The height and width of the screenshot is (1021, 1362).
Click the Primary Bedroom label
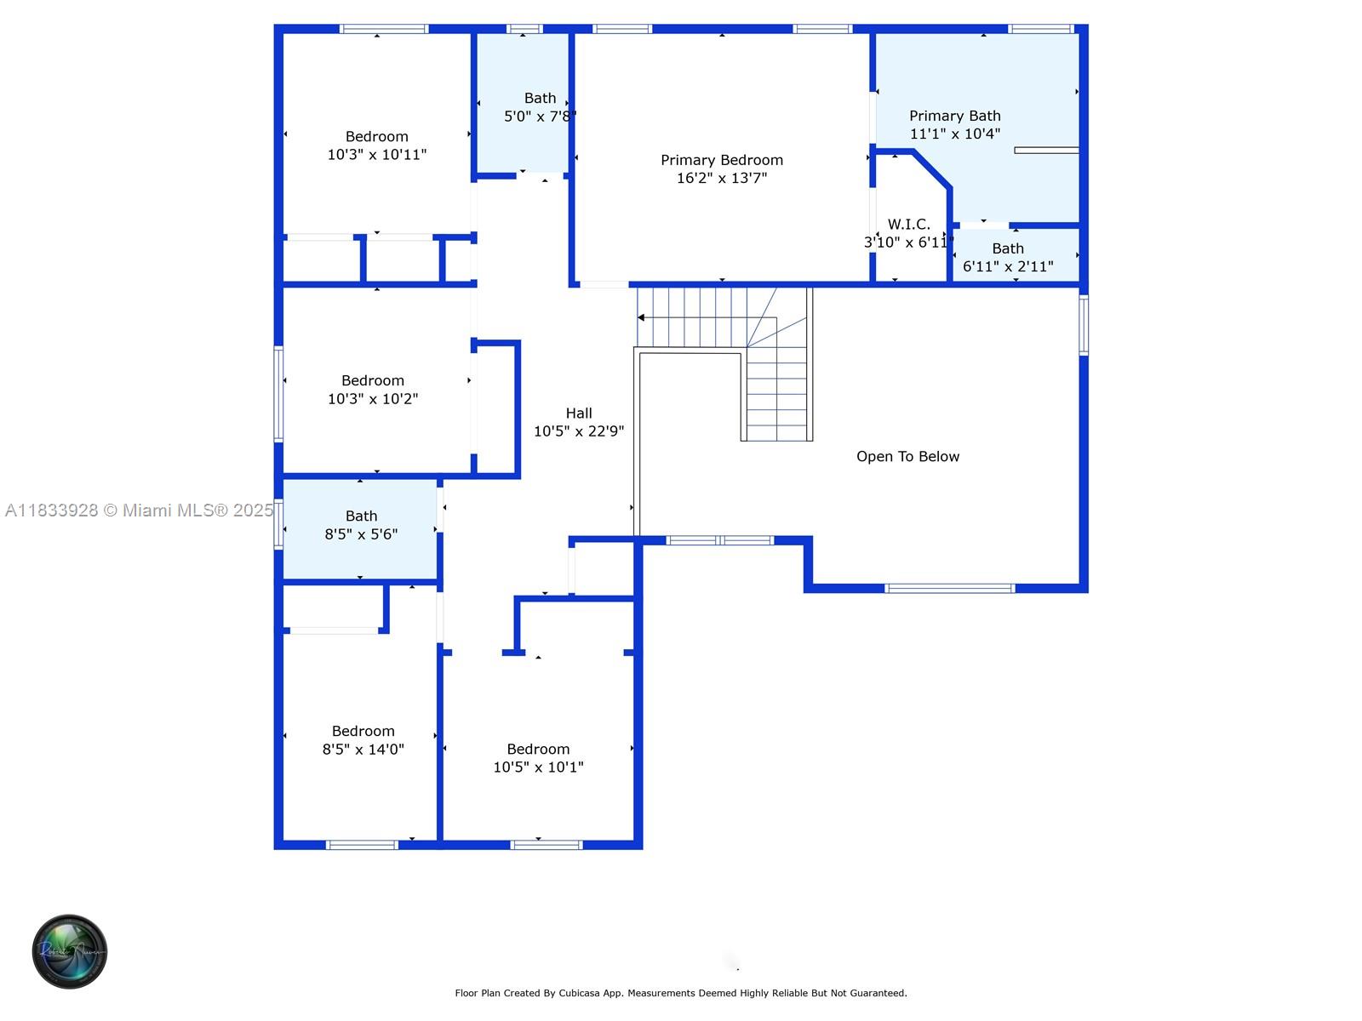click(x=721, y=160)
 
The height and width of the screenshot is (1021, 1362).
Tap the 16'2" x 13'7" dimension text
click(x=721, y=178)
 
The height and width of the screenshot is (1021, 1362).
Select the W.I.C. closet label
click(x=908, y=225)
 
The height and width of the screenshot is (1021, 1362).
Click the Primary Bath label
click(x=954, y=116)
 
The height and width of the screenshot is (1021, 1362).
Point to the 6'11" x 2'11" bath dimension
click(x=1008, y=266)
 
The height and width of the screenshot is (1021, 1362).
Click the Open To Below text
click(x=907, y=457)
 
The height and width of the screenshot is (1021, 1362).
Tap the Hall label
click(x=578, y=414)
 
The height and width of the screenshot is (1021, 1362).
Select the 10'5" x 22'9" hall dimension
click(x=578, y=431)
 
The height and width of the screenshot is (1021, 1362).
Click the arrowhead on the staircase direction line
click(x=641, y=317)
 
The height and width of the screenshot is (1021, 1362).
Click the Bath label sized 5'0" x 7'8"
click(x=540, y=99)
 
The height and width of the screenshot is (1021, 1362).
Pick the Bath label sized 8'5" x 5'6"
click(x=361, y=516)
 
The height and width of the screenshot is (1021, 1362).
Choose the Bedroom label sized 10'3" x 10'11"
click(x=376, y=137)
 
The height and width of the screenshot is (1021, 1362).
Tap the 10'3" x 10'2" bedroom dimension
click(x=373, y=399)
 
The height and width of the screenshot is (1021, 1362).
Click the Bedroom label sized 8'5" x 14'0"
click(x=363, y=732)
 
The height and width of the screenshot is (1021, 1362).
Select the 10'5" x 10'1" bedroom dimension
click(x=538, y=767)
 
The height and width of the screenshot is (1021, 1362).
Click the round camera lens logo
click(x=70, y=951)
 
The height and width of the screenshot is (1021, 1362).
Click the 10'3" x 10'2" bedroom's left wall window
click(x=278, y=393)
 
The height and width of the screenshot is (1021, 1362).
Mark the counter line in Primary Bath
click(x=1046, y=151)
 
